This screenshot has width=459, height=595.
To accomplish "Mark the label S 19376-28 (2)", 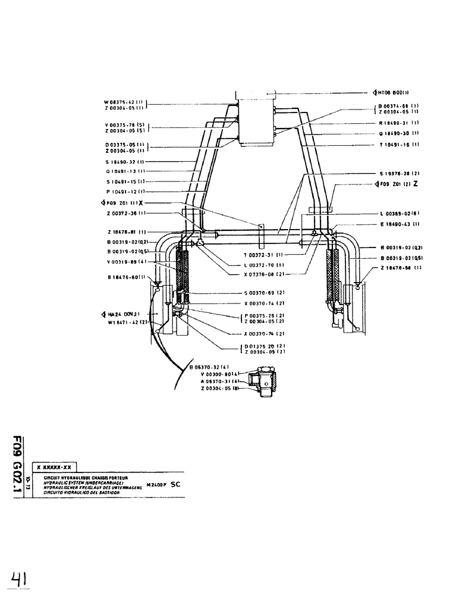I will click(x=399, y=174).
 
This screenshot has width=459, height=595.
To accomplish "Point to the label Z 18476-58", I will click(x=399, y=269).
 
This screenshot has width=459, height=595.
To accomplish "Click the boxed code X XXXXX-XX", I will click(x=54, y=468).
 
